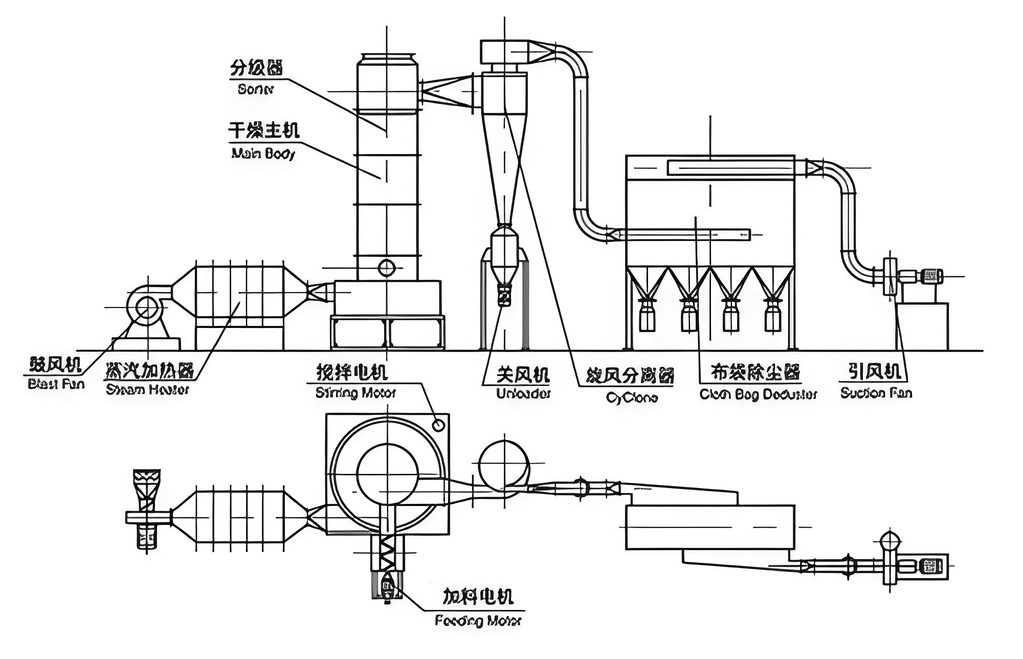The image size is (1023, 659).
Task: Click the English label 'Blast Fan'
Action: pyautogui.click(x=56, y=384)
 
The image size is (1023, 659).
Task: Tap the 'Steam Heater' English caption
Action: pyautogui.click(x=147, y=390)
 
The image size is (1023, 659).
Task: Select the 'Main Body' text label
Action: pyautogui.click(x=263, y=153)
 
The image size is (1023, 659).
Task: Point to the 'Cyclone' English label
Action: pyautogui.click(x=632, y=398)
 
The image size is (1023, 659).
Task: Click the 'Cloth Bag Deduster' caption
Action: pyautogui.click(x=758, y=394)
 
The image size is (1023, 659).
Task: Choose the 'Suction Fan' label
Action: pyautogui.click(x=876, y=393)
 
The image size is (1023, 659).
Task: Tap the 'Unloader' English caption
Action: pyautogui.click(x=523, y=394)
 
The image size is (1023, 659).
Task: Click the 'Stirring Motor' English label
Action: pyautogui.click(x=356, y=393)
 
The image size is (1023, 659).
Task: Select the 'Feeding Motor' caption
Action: pyautogui.click(x=478, y=621)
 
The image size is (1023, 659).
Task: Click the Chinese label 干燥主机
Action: pyautogui.click(x=263, y=130)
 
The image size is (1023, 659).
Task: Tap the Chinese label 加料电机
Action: pyautogui.click(x=478, y=597)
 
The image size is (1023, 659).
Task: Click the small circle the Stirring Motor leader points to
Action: pyautogui.click(x=438, y=425)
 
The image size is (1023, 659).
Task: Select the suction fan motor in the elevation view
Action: pyautogui.click(x=931, y=276)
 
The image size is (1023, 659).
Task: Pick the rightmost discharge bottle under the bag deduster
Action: pyautogui.click(x=772, y=315)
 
